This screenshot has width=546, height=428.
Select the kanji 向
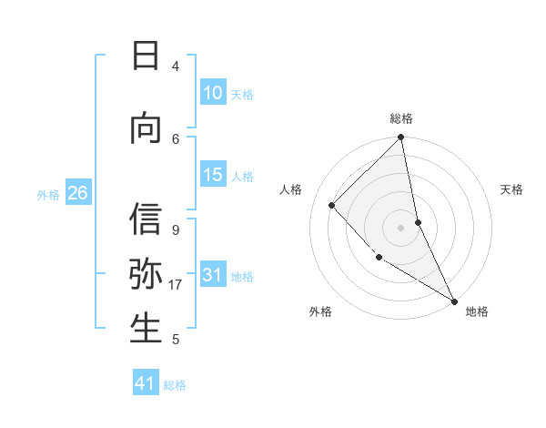[x=146, y=129]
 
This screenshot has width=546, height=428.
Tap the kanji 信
[x=146, y=220]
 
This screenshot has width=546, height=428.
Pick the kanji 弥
[x=146, y=275]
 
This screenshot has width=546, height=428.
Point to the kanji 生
[x=146, y=330]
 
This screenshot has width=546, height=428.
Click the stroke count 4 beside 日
[x=176, y=66]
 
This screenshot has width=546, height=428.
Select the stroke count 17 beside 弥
[x=176, y=285]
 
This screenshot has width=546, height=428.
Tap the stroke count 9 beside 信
[x=176, y=230]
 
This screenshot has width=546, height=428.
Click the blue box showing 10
[x=212, y=93]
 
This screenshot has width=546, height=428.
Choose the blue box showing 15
[x=212, y=175]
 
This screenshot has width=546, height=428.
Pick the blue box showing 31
[x=212, y=275]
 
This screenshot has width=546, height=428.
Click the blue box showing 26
[x=78, y=193]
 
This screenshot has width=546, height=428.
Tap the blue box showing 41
[x=146, y=383]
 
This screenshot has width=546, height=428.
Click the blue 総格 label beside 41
[x=175, y=385]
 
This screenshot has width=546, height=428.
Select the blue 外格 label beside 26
[x=48, y=194]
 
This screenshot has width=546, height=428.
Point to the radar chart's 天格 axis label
[x=512, y=189]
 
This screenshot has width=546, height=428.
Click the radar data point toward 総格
[x=400, y=138]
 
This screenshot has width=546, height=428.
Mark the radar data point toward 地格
[x=454, y=301]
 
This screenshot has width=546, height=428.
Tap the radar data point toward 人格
[x=332, y=205]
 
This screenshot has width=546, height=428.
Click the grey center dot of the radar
[x=400, y=227]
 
